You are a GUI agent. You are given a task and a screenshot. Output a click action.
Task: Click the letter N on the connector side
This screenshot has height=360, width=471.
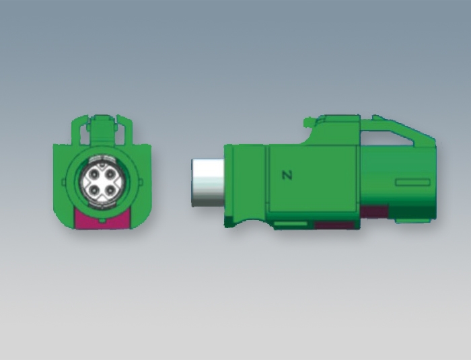point(287,175)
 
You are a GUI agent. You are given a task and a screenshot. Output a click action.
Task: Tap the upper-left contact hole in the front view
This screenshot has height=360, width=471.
point(95,174)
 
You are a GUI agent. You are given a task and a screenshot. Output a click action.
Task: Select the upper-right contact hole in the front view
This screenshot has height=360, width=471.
point(110,174)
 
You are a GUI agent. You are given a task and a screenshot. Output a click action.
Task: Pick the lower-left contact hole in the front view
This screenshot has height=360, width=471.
point(95,190)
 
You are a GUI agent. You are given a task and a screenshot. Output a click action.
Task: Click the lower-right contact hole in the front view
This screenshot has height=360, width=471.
point(110,190)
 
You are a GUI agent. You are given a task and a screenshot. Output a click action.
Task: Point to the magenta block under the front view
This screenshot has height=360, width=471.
point(102,220)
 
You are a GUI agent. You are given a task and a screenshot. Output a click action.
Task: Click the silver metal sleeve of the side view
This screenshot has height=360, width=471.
point(208,183)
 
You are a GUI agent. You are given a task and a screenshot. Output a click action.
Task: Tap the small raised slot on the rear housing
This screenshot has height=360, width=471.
point(412,182)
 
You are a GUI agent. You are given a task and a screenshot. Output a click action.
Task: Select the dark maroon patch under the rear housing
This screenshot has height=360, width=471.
point(374,211)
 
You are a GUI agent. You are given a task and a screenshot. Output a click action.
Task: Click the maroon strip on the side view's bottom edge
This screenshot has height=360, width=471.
point(336,225)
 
